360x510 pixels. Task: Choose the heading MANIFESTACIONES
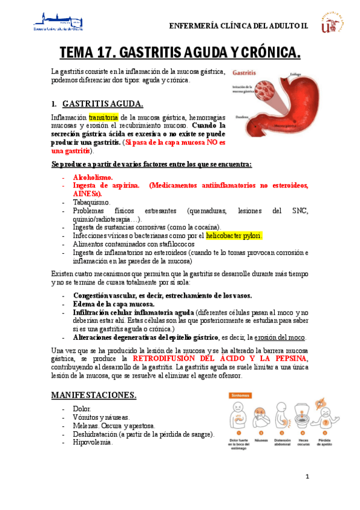pos(93,395)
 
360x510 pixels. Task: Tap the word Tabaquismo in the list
pos(91,202)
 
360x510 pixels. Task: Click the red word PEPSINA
pos(287,358)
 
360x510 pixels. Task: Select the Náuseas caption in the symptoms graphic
pos(261,440)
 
